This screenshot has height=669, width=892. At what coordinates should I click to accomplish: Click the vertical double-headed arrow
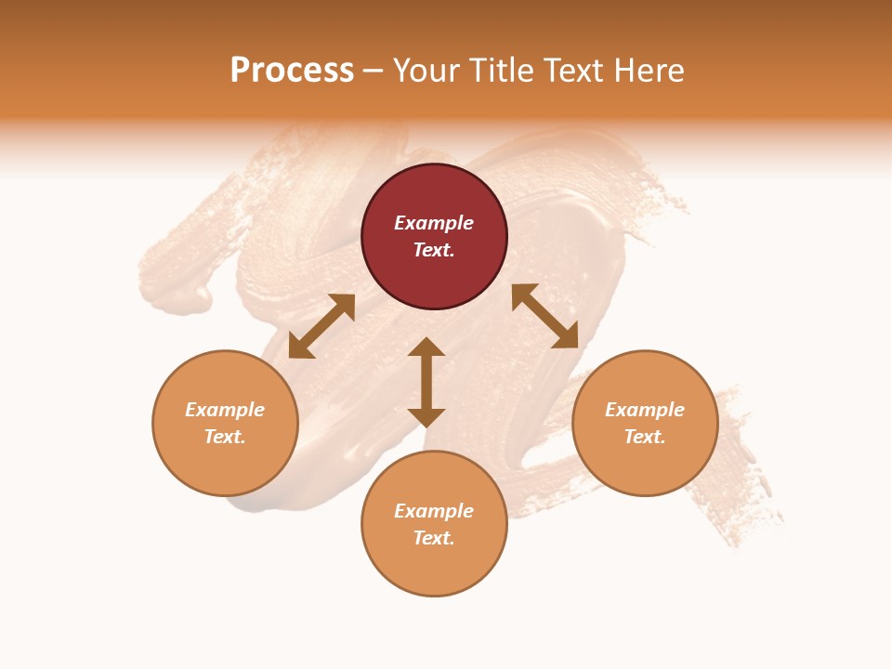tap(426, 382)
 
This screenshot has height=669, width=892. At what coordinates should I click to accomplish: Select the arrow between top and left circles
tap(321, 326)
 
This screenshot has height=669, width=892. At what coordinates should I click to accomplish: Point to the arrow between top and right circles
tap(544, 316)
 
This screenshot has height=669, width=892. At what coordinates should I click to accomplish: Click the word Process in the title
tap(292, 71)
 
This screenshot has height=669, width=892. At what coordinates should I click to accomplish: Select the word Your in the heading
tap(426, 71)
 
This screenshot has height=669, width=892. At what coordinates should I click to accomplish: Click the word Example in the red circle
tap(434, 223)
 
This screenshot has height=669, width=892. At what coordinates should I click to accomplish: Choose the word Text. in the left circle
tap(225, 437)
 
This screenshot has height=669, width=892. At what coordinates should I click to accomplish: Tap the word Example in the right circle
tap(645, 410)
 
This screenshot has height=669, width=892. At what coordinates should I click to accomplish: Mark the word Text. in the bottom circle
tap(434, 538)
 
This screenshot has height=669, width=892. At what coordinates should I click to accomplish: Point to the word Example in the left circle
tap(225, 410)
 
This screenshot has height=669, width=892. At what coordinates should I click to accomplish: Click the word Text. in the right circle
tap(645, 437)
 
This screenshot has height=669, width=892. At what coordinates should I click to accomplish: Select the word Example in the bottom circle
tap(434, 511)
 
